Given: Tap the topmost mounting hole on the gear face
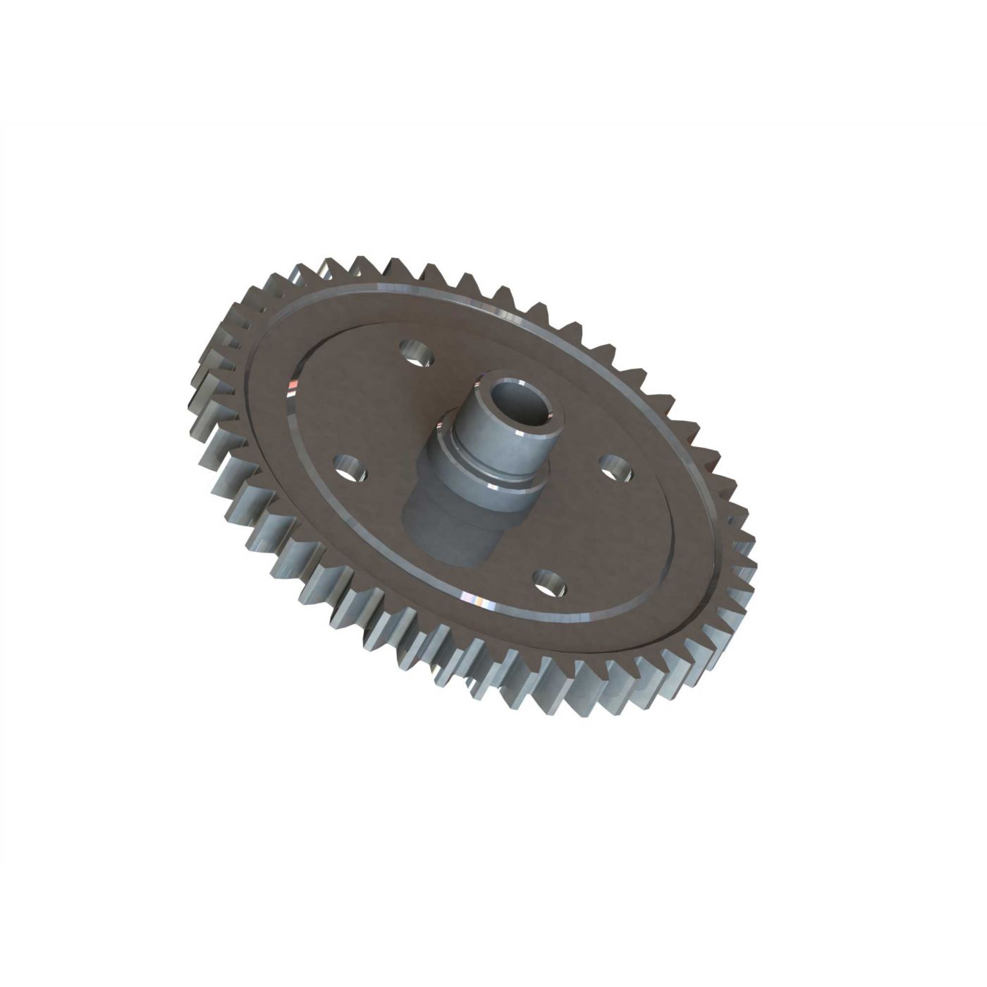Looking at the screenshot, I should click(415, 352).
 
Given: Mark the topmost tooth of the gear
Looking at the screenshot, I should click(331, 262).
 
